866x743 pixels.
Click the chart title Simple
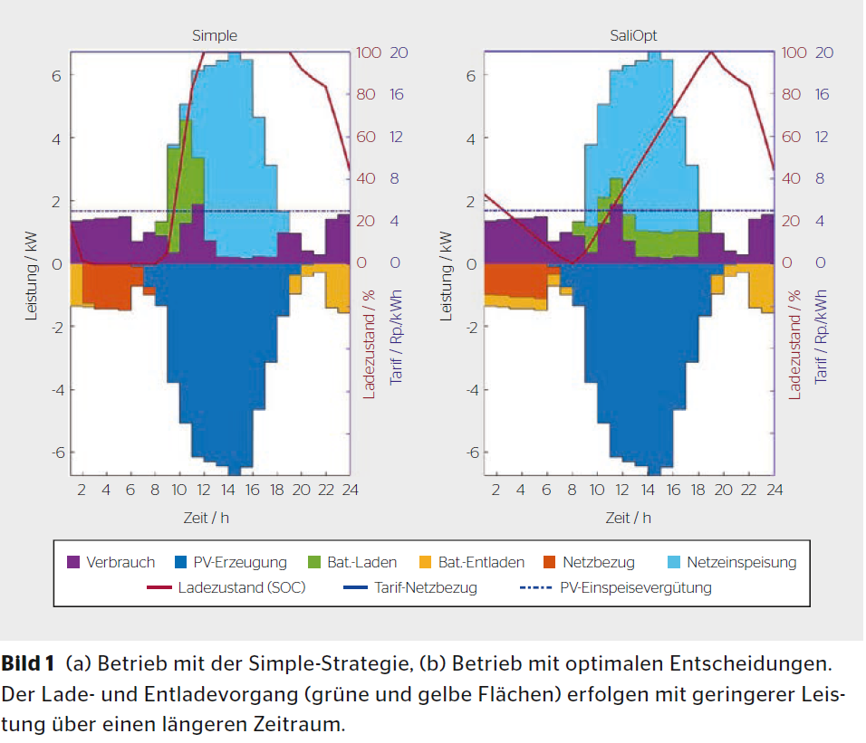(x=215, y=36)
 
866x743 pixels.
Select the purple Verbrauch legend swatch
(x=74, y=562)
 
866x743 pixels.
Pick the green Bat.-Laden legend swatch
(x=317, y=562)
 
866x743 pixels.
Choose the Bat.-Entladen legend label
(x=481, y=562)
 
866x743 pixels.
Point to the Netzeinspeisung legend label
(x=741, y=562)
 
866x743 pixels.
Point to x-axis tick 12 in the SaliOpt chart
(x=621, y=491)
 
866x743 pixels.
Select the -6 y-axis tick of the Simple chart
(x=55, y=452)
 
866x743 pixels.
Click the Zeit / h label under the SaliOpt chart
(x=629, y=518)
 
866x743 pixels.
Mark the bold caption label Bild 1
(x=28, y=664)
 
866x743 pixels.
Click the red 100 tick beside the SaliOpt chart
(x=794, y=52)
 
